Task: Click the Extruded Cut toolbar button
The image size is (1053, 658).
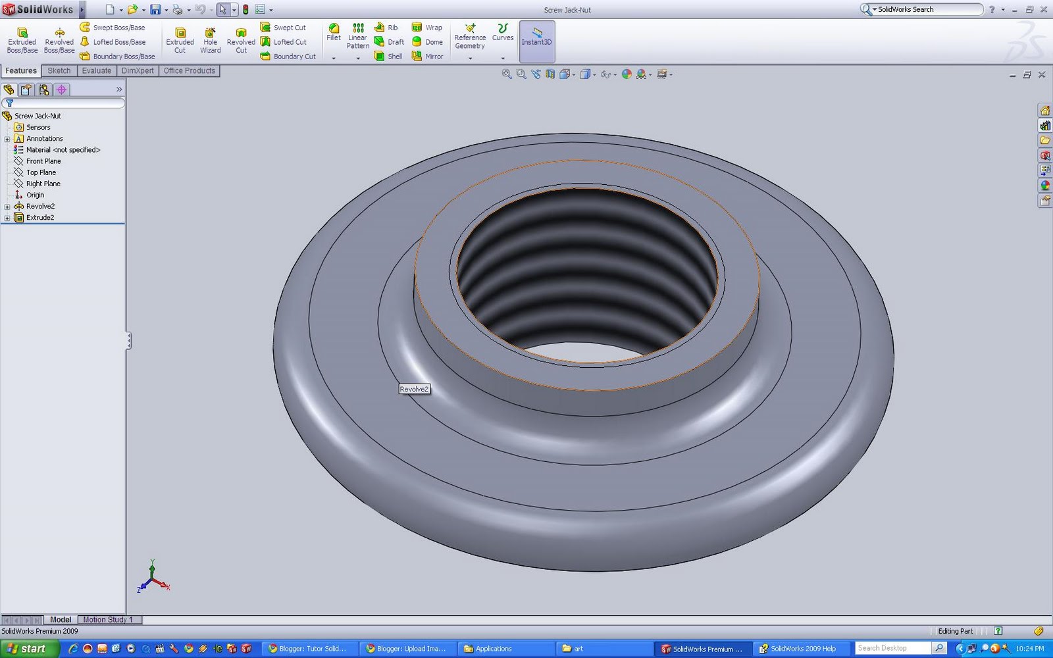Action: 180,40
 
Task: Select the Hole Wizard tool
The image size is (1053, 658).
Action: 210,40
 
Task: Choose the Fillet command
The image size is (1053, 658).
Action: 334,32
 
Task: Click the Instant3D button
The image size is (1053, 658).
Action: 536,37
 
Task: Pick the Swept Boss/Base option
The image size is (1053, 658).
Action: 113,28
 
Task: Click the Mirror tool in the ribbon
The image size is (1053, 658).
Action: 427,57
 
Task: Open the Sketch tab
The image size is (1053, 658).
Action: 59,70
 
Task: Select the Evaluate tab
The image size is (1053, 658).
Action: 97,70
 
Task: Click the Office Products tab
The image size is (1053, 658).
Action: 189,70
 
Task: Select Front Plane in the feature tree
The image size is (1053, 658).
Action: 43,161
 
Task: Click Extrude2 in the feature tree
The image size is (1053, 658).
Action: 40,218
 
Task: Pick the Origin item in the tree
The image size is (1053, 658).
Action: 35,195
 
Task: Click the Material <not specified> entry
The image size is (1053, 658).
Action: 63,150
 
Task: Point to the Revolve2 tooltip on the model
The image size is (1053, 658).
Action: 414,389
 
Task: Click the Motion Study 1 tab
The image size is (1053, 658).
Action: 107,619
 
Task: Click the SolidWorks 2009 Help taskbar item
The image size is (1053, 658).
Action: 798,649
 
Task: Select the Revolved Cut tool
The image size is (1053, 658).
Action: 241,40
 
